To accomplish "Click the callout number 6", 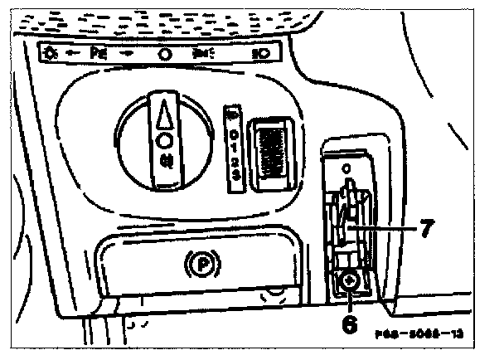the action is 350,322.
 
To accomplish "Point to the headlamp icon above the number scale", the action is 233,114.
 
